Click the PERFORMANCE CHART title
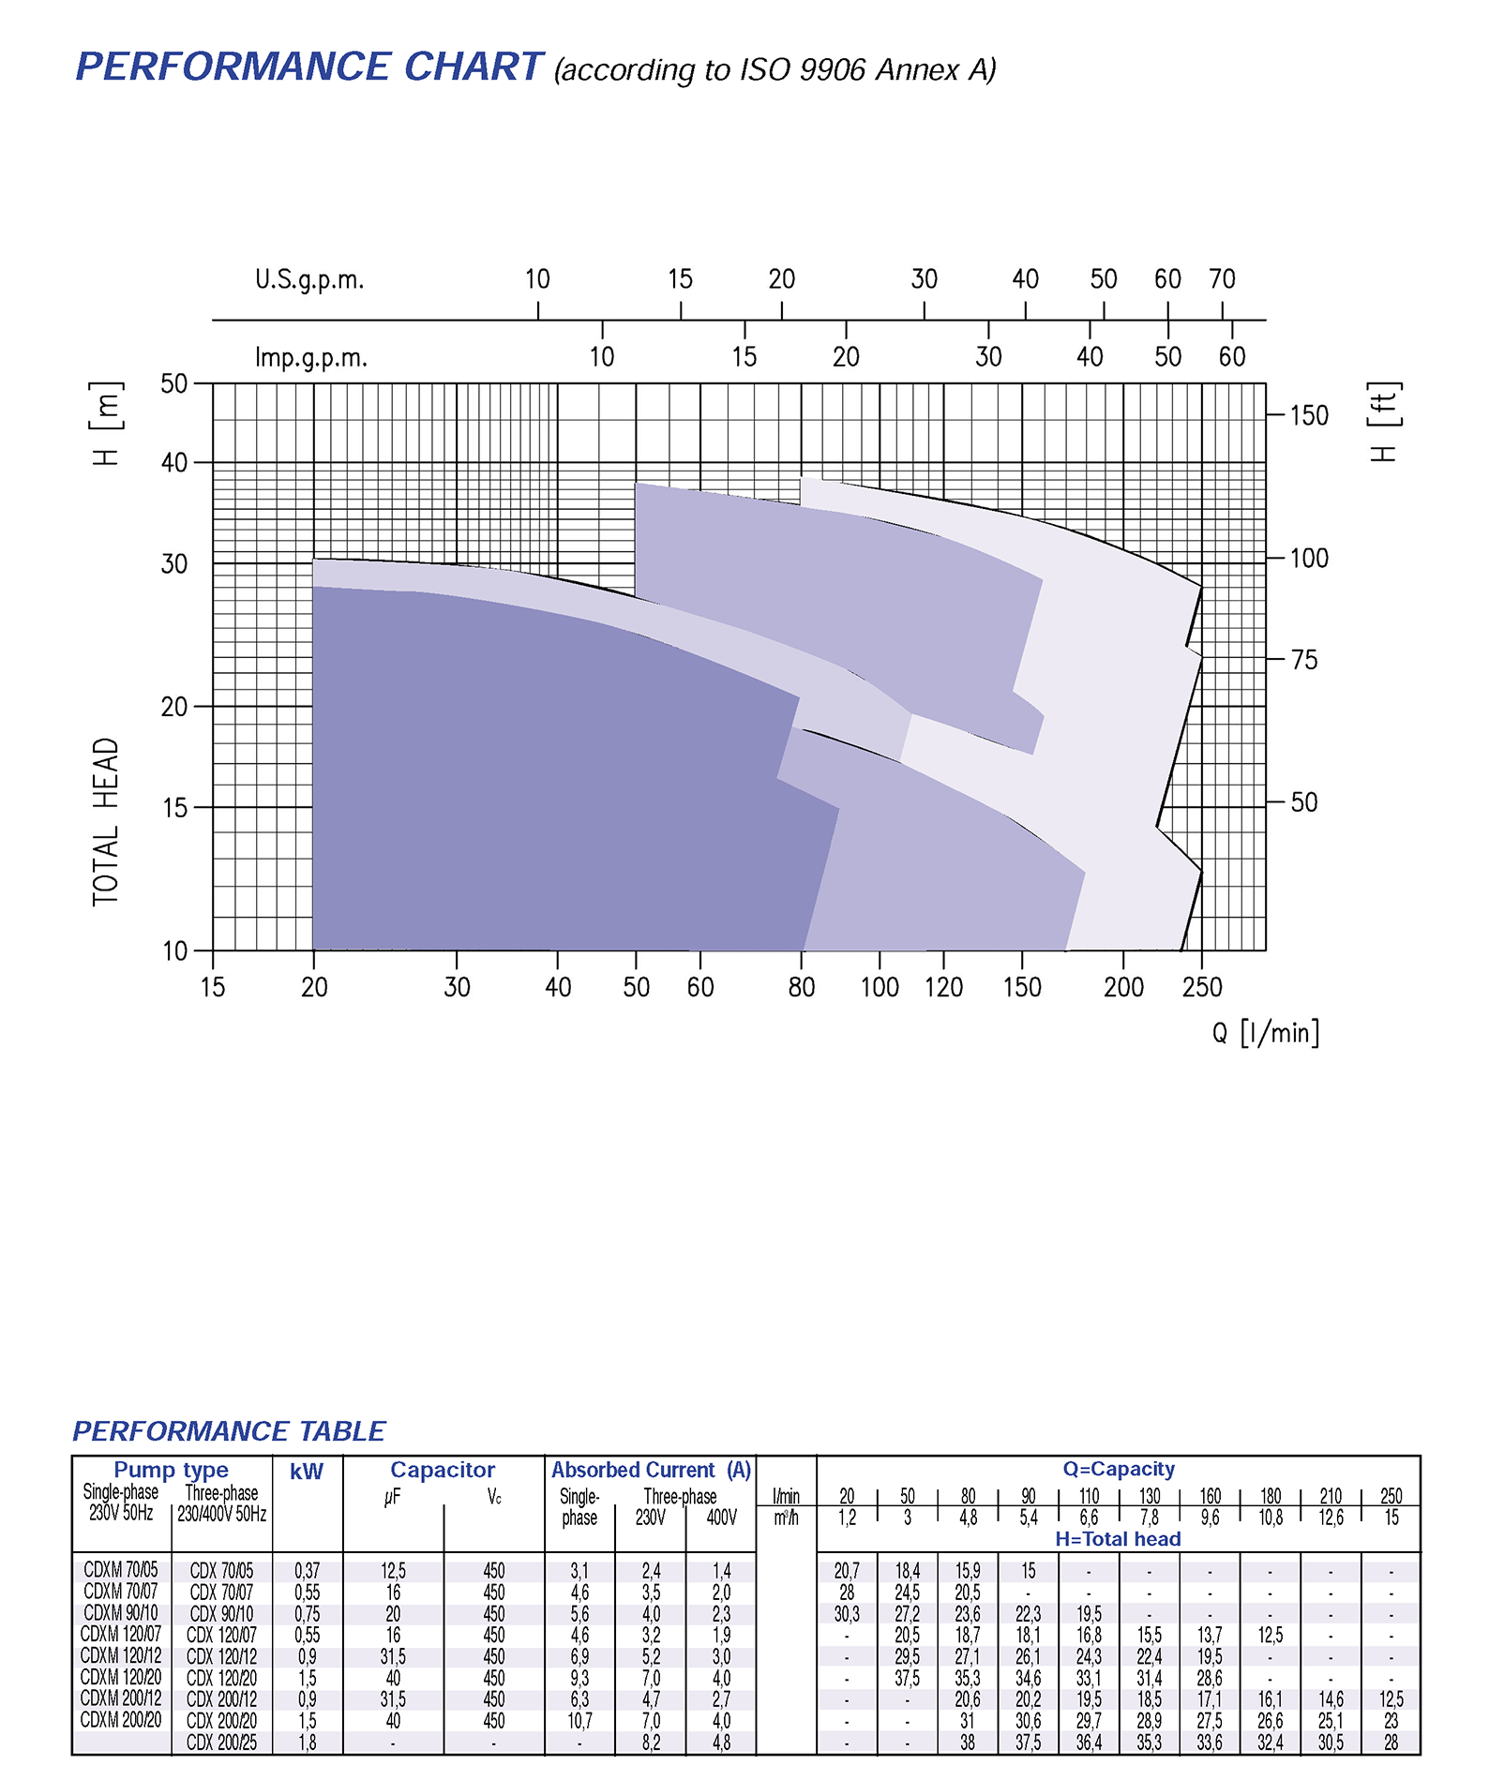click(x=308, y=67)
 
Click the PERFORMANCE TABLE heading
click(x=229, y=1431)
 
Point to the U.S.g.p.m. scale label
click(x=309, y=279)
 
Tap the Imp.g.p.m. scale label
click(x=311, y=357)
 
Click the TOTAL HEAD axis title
click(x=105, y=822)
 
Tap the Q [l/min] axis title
click(x=1265, y=1033)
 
